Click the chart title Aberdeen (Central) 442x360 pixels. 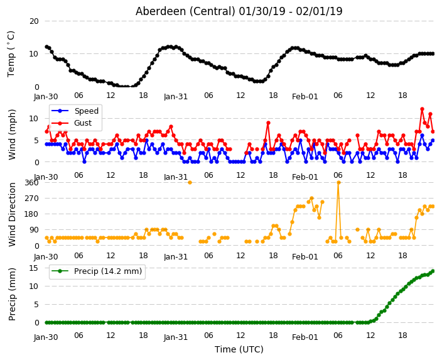[185, 11]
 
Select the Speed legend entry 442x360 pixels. [75, 111]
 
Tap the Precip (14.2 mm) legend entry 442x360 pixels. [97, 271]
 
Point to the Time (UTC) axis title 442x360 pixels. [239, 349]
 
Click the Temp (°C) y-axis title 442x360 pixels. [11, 54]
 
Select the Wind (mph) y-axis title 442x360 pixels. [12, 134]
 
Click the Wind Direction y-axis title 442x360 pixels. [12, 214]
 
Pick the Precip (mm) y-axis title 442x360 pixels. [12, 294]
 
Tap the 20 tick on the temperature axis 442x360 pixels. [34, 21]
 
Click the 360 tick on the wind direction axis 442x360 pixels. [31, 183]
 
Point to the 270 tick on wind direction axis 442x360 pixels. [31, 199]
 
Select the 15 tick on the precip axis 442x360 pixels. [34, 268]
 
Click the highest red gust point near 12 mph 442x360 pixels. [422, 109]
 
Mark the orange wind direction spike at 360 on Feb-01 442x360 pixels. [338, 183]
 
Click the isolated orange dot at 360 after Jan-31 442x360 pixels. [190, 183]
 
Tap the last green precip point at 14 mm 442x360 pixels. [433, 271]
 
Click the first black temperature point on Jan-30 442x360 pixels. [47, 47]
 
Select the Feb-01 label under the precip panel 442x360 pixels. [305, 337]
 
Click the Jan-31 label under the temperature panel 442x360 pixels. [176, 97]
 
